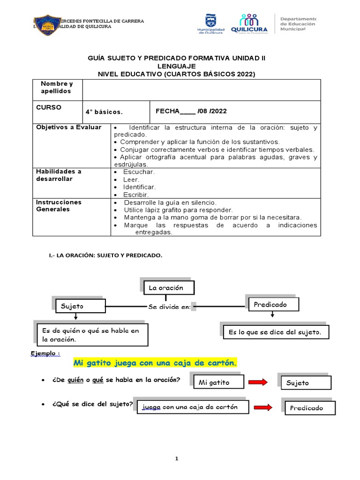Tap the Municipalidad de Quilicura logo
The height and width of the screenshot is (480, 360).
coord(211,23)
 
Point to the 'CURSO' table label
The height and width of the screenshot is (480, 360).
coord(49,107)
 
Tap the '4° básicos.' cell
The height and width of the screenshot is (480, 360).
coord(104,112)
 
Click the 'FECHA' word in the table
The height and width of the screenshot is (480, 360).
coord(167,111)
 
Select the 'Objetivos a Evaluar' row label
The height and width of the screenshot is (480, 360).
coord(69,127)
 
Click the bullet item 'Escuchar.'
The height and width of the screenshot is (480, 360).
coord(139,172)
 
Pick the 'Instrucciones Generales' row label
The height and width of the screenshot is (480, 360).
coord(59,206)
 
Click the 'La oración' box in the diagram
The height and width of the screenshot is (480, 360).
coord(166,288)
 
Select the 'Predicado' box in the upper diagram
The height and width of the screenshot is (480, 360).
coord(270,305)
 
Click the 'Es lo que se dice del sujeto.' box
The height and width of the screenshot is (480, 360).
coord(274,332)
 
